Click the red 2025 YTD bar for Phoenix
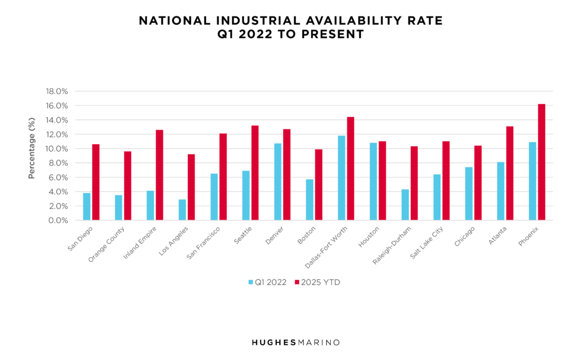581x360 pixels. [541, 162]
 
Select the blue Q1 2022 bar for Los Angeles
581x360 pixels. [182, 210]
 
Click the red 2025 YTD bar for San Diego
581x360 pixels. [96, 182]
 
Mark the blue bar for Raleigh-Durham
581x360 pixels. [405, 205]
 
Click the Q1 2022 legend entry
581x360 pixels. [268, 282]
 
